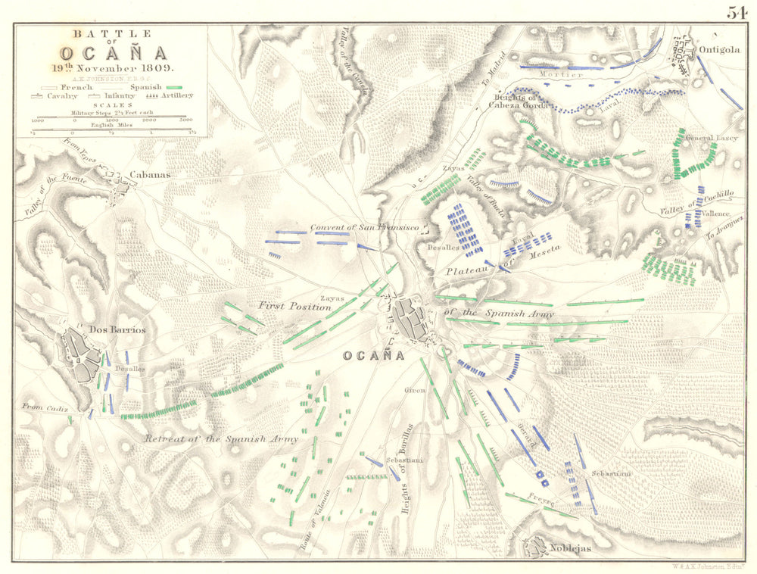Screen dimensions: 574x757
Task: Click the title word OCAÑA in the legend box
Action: click(x=111, y=53)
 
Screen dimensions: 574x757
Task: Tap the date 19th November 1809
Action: click(x=111, y=67)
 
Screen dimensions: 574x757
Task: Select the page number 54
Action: click(x=737, y=12)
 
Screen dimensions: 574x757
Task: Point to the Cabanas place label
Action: click(x=150, y=174)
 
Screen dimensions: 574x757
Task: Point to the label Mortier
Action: click(x=561, y=74)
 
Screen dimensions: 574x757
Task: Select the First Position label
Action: click(x=294, y=307)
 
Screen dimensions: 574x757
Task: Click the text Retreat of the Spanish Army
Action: click(x=221, y=438)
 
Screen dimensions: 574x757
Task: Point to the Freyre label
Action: click(x=542, y=501)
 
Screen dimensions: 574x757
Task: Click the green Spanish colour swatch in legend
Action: click(x=176, y=87)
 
